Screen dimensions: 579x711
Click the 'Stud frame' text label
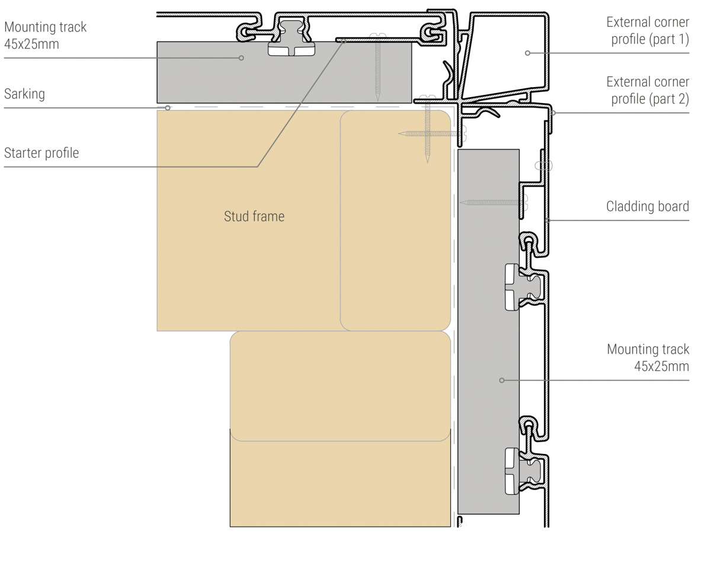point(254,216)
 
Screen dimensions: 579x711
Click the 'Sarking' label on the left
point(24,94)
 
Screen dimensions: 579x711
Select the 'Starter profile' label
point(41,153)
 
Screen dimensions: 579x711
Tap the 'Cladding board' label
point(647,206)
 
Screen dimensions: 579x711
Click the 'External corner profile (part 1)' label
point(648,31)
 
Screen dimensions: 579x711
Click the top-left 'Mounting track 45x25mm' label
point(45,35)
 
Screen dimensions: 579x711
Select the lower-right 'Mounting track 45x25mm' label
point(648,357)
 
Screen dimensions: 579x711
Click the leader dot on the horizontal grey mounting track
point(241,57)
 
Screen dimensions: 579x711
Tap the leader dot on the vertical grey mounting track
point(501,380)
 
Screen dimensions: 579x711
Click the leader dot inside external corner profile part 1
point(527,53)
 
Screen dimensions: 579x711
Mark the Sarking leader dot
point(168,108)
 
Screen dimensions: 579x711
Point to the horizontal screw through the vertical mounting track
point(492,203)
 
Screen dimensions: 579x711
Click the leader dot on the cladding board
point(547,220)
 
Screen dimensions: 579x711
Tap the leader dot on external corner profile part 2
point(552,113)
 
